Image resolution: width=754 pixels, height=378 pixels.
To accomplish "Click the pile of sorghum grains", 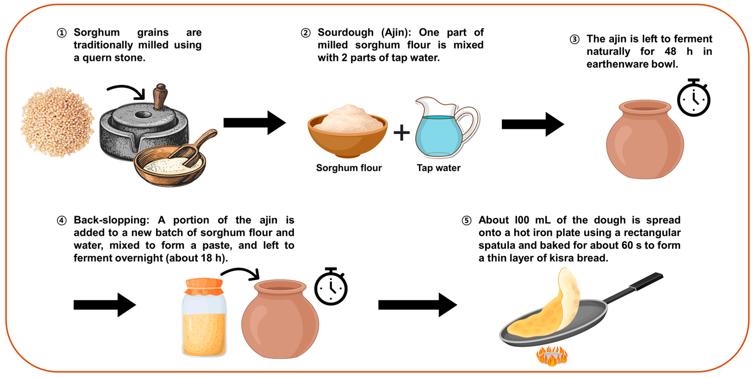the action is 57,122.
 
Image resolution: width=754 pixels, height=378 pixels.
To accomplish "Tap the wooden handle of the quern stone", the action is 160,97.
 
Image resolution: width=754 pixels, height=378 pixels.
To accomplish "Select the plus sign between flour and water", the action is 402,133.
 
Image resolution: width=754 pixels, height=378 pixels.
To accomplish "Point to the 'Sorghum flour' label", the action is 349,168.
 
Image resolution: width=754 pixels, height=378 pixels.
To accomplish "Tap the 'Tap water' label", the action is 438,168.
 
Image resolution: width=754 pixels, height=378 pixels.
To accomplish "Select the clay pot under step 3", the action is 645,139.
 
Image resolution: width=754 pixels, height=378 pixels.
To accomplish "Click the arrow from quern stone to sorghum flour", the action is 255,123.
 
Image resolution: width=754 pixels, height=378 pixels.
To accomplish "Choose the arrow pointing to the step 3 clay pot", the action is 533,125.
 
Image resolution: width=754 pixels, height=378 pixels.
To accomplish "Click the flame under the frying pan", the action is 552,356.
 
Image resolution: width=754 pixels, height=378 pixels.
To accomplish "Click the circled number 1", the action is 62,33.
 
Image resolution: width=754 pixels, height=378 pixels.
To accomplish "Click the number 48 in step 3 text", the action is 670,52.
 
